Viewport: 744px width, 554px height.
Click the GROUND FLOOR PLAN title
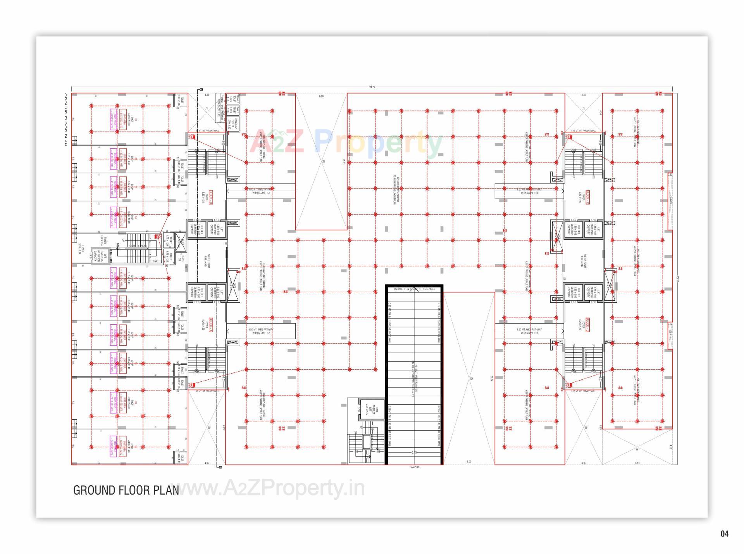click(126, 490)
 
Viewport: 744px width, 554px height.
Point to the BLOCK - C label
click(587, 197)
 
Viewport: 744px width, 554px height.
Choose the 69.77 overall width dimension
click(372, 87)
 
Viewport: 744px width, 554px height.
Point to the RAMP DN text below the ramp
click(414, 467)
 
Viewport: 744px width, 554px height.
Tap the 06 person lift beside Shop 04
click(98, 256)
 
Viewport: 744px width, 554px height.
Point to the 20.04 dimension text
click(491, 378)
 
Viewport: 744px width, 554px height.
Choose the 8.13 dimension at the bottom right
click(637, 463)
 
